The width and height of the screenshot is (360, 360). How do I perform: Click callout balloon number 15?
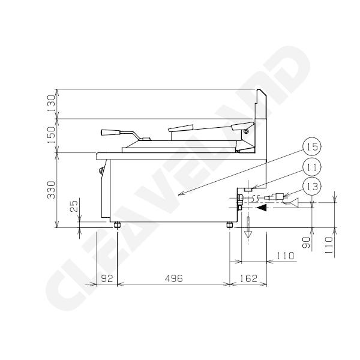tap(311, 146)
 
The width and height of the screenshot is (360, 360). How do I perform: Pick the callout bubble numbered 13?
tap(311, 186)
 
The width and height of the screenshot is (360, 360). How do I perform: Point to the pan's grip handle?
tap(109, 133)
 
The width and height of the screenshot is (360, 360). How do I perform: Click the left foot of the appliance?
tap(117, 225)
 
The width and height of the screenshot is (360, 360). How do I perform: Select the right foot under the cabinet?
tap(230, 225)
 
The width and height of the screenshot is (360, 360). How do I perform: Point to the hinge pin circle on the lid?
tap(246, 131)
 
